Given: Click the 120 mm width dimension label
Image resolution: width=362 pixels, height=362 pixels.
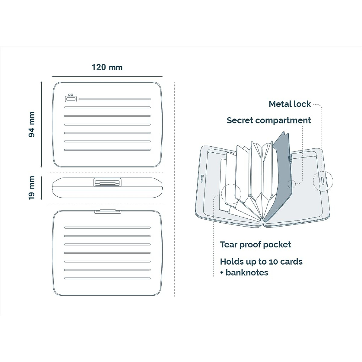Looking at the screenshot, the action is coord(107,67).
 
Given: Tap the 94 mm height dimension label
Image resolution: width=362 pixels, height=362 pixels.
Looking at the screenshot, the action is coord(32,124).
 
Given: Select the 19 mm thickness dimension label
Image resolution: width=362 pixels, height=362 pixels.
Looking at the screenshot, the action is coord(32,188).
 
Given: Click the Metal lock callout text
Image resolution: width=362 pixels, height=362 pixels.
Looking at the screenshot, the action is coord(290,104).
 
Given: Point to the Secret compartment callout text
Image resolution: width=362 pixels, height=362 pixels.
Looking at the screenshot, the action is coord(268,120).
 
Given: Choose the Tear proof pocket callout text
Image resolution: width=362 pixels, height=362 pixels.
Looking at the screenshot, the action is coord(255,245).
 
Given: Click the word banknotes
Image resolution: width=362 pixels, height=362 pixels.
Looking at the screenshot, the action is coord(247,273).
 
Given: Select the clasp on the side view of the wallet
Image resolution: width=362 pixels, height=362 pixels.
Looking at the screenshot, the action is coord(107,183).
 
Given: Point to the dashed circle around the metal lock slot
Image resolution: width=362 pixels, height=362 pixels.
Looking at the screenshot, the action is coord(323,181).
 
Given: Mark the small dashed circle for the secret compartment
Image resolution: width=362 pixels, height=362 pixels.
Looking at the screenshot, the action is coord(292,184).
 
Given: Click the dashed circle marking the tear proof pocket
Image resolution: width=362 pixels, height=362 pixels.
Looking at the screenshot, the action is coord(231,194).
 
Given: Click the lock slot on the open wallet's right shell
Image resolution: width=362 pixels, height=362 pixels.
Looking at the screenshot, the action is coord(323,181).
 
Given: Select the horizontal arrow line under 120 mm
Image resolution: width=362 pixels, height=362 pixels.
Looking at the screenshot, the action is coord(107,77).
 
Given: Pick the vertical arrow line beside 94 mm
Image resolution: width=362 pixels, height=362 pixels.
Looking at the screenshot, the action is coord(41,124).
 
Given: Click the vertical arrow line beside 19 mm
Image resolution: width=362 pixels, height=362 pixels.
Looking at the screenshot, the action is coord(41,188).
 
